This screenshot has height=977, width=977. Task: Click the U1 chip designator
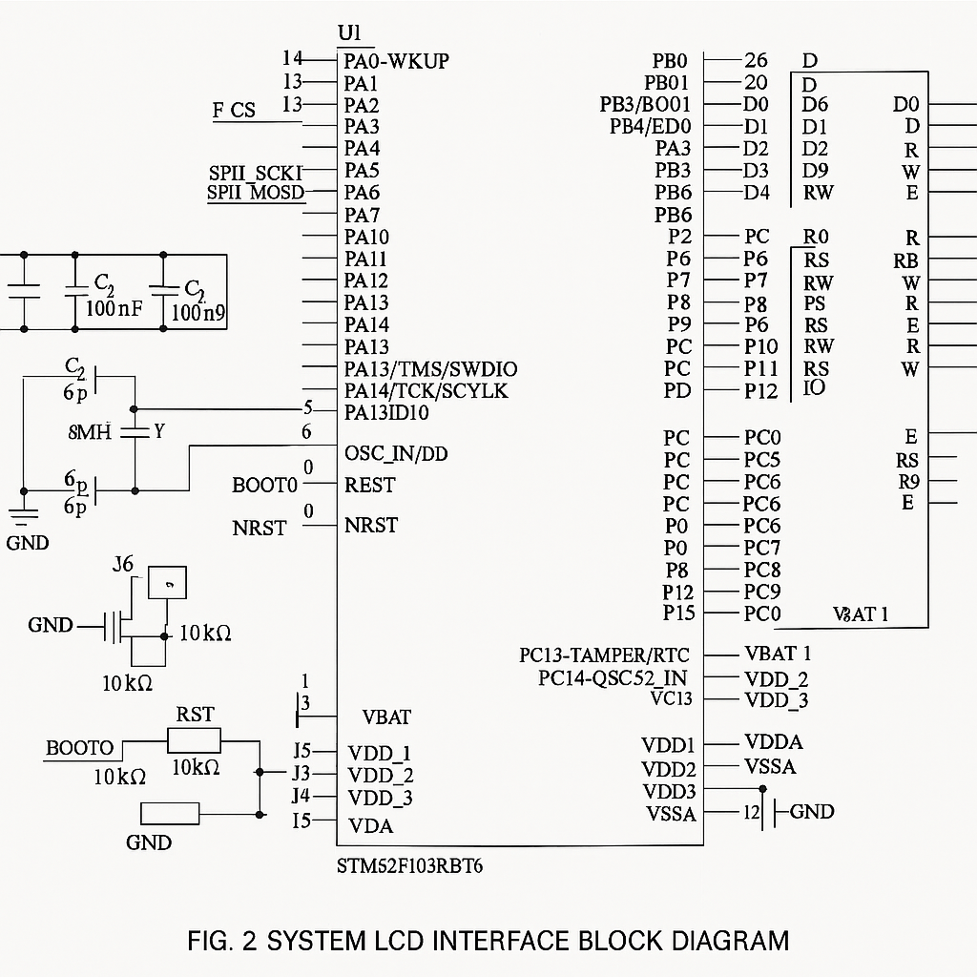[350, 33]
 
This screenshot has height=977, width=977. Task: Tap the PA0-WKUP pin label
[396, 61]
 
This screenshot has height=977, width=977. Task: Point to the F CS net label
[234, 111]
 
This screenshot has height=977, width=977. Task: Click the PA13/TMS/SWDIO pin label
[431, 369]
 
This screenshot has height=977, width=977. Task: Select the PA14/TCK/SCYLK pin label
[426, 391]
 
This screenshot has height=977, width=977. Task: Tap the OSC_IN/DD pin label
[395, 453]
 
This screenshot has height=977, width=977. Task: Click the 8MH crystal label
[90, 432]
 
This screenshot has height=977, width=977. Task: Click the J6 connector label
[123, 564]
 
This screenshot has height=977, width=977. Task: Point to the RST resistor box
[194, 740]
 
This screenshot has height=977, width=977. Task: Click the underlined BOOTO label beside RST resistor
[79, 748]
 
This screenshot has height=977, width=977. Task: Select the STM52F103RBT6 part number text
[404, 866]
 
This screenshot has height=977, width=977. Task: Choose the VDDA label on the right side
[773, 742]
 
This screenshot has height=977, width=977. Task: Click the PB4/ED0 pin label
[650, 126]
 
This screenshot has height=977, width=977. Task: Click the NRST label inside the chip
[371, 525]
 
